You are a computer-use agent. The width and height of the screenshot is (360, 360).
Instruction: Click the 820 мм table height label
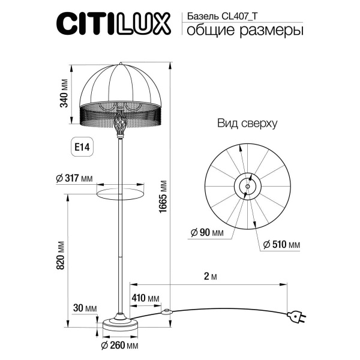(60, 255)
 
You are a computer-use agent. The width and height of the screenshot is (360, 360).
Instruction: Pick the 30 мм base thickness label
(83, 308)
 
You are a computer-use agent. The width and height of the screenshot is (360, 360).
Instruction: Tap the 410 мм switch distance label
(146, 298)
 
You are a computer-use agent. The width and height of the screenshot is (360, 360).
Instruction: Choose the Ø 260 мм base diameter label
(120, 346)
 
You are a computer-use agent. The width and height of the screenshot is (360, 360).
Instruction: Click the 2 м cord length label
(209, 276)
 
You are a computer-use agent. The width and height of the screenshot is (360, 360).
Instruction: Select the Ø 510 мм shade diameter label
(282, 245)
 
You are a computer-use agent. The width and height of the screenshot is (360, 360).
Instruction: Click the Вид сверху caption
(247, 124)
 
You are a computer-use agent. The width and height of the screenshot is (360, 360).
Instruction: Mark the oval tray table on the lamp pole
(121, 191)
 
